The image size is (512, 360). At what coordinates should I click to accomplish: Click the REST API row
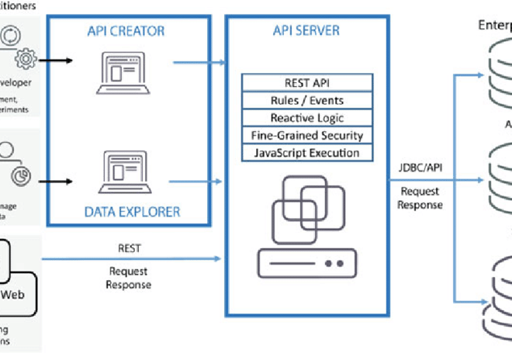point(307,83)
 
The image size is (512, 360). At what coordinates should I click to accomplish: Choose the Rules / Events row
point(307,100)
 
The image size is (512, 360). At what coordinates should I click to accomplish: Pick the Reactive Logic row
point(307,118)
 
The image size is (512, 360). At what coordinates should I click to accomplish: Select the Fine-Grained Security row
point(307,135)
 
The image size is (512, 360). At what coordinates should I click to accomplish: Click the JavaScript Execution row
point(307,153)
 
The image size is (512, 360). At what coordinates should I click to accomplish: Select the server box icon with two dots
point(307,264)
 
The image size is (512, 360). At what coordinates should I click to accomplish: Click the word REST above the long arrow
point(130,250)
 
